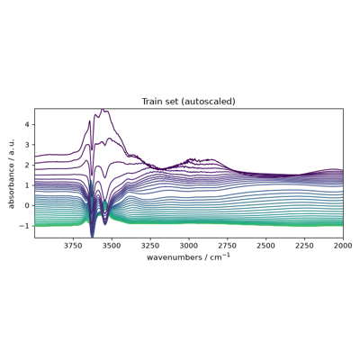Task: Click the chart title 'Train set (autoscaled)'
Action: (188, 102)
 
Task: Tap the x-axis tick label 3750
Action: (73, 246)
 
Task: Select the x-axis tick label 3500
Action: (112, 246)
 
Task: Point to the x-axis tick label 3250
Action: (150, 246)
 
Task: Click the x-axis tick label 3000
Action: (189, 246)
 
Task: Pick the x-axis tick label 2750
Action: (228, 246)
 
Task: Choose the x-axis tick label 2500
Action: (266, 246)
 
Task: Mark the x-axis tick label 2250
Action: (304, 246)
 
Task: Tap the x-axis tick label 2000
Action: (343, 246)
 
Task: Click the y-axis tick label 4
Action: (30, 124)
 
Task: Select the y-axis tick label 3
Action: (30, 145)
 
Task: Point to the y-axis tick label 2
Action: (30, 165)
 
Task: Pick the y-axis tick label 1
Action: (30, 185)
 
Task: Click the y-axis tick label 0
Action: (30, 205)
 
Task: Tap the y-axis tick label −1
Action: (26, 226)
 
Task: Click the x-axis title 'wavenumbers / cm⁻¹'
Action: (188, 257)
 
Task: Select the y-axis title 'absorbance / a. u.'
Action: (12, 173)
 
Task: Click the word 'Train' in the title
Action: (150, 102)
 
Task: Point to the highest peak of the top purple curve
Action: (103, 110)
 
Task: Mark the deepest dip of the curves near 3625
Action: (93, 237)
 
